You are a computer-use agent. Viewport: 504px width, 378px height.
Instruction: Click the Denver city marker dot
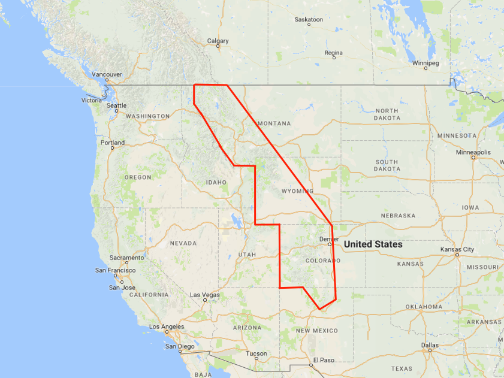pos(329,244)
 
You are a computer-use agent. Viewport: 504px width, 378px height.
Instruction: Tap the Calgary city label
pos(218,41)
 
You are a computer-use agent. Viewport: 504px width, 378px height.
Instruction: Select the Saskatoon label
pos(309,20)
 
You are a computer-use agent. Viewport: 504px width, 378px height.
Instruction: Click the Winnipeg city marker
pos(425,68)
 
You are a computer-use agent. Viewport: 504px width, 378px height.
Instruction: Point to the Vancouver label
pos(107,74)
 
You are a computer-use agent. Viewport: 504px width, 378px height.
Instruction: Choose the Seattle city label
pos(116,105)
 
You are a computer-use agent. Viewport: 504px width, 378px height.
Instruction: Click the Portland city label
pos(113,143)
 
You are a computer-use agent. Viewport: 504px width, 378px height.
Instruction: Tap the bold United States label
pos(373,244)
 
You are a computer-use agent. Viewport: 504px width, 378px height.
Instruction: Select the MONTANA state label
pos(274,123)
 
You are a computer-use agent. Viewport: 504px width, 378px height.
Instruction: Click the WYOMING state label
pos(297,191)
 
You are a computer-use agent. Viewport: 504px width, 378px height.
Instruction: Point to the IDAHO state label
pos(216,182)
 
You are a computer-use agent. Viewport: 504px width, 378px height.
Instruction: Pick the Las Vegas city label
pos(205,295)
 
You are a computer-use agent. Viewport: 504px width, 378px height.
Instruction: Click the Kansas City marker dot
pos(457,255)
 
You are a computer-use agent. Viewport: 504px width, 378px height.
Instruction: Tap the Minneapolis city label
pos(473,152)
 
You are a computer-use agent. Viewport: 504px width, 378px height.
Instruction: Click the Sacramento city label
pos(126,258)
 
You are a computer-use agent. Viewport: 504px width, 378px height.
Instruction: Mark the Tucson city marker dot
pos(256,359)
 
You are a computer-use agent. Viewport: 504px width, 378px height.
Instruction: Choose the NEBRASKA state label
pos(398,216)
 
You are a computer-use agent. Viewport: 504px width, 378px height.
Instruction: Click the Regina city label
pos(333,53)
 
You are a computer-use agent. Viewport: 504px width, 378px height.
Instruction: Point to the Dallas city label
pos(429,345)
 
